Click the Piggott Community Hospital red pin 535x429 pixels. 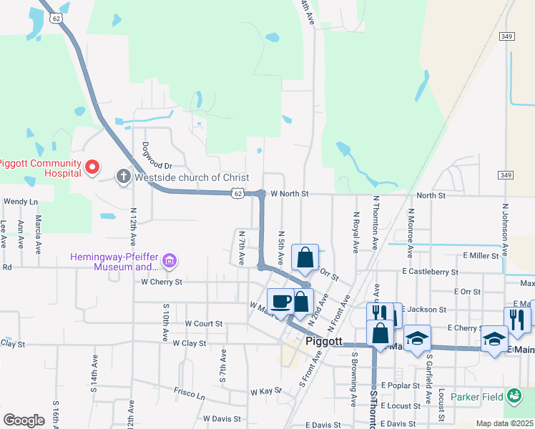coord(92,168)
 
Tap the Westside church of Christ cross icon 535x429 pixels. coord(123,177)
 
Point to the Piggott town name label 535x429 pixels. coord(325,341)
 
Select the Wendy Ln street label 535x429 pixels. coord(20,202)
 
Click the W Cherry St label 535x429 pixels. coord(161,282)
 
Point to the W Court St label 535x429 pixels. coord(203,323)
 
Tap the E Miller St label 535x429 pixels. coord(481,255)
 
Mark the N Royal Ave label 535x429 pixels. coord(355,232)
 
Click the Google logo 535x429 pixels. coord(24,420)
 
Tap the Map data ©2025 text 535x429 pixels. coord(504,423)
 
